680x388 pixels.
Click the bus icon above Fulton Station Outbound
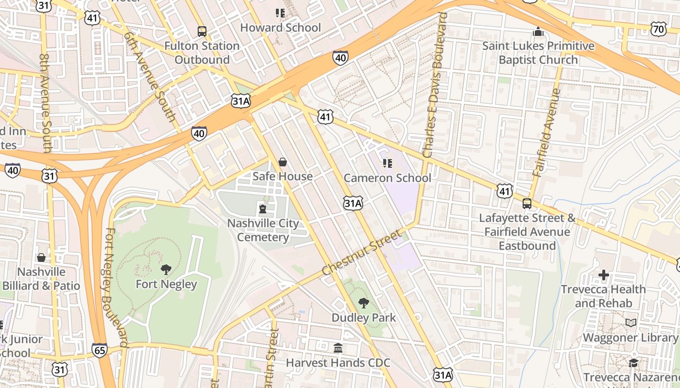tap(202, 32)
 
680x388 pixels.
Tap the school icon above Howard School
tap(280, 13)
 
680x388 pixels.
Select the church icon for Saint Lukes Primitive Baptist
tap(538, 32)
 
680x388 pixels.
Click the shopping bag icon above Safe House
tap(283, 162)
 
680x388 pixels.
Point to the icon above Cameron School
tap(387, 163)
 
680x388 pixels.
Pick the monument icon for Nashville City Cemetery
tap(263, 209)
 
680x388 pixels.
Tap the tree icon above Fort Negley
tap(166, 269)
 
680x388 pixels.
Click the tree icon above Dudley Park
tap(363, 304)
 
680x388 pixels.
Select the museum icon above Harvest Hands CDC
tap(338, 348)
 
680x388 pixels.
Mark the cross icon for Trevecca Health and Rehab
tap(603, 275)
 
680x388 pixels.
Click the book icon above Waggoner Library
tap(630, 323)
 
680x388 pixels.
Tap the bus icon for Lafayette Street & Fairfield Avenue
tap(527, 204)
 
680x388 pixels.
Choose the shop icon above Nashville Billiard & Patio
tap(41, 257)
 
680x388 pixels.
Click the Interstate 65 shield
tap(100, 350)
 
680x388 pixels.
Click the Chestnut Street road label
tap(362, 252)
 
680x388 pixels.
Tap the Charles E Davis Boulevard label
tap(434, 85)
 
